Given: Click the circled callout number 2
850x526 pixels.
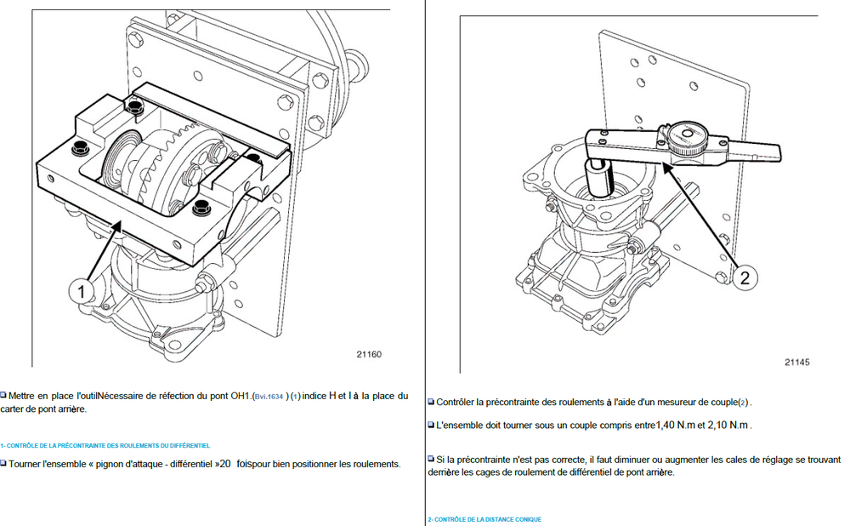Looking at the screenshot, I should click(744, 277).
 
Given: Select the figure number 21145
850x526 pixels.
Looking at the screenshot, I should click(796, 362).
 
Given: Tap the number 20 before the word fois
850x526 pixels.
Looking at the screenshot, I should click(225, 464).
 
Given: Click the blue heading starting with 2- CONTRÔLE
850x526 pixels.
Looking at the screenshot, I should click(484, 519).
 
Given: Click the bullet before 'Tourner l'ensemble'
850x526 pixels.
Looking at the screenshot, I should click(3, 464).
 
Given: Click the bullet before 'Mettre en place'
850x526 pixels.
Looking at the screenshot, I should click(3, 396).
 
